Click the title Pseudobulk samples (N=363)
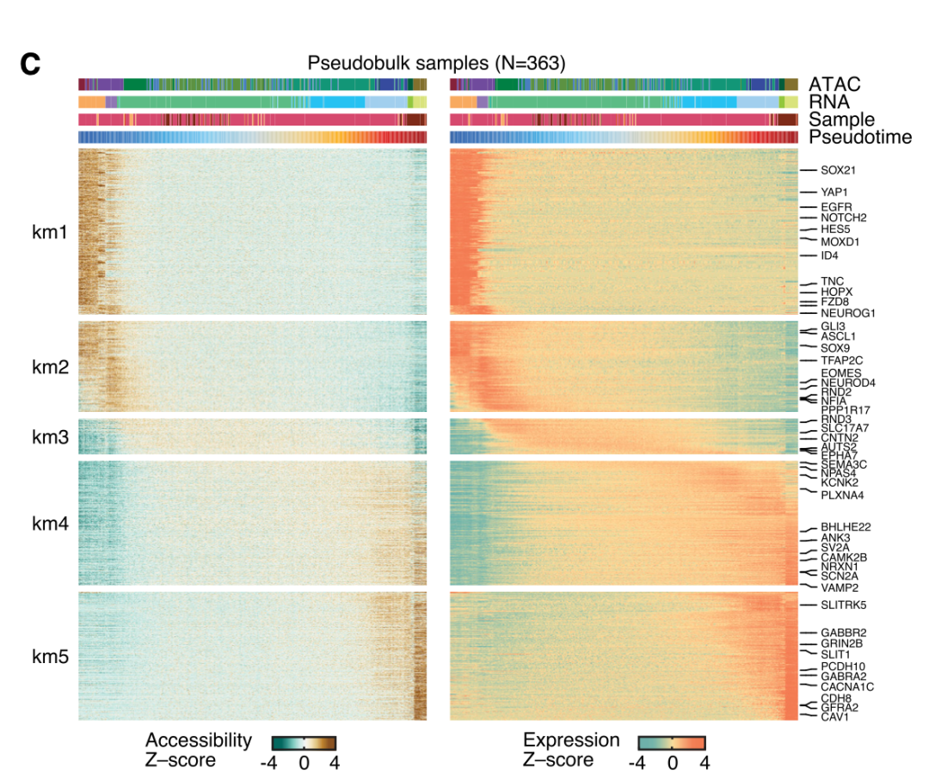(x=437, y=63)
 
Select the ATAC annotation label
(x=834, y=84)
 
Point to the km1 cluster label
(x=49, y=231)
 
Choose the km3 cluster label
(x=49, y=437)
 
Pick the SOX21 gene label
(x=838, y=171)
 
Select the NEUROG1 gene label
(x=847, y=314)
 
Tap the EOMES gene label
(x=840, y=373)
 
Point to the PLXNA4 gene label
(x=842, y=495)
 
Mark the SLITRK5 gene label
(x=843, y=605)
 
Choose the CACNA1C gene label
(x=847, y=687)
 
